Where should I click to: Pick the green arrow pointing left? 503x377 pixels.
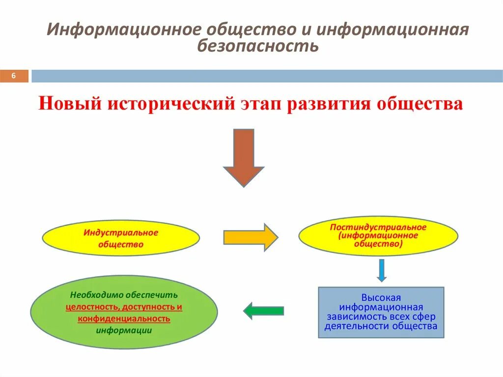(264, 311)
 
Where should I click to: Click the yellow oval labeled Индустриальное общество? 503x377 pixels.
(120, 238)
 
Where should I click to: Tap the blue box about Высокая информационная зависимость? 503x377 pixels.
(381, 312)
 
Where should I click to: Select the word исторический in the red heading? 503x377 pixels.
(170, 104)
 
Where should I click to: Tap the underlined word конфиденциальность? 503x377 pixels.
(124, 319)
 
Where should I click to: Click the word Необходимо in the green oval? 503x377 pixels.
(94, 295)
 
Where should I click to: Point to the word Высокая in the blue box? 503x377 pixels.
(381, 297)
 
